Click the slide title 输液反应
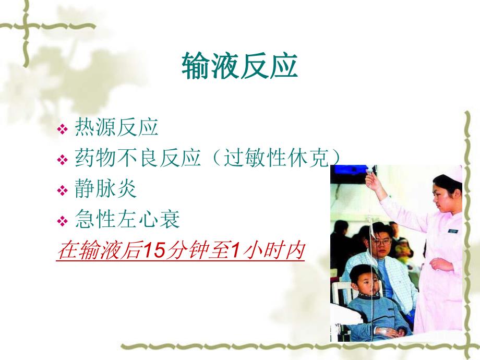point(239,67)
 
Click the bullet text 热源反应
point(116,127)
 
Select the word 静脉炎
point(106,188)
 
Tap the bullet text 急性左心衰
point(127,220)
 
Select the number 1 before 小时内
point(235,251)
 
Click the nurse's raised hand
point(371,181)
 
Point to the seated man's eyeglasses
point(382,242)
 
